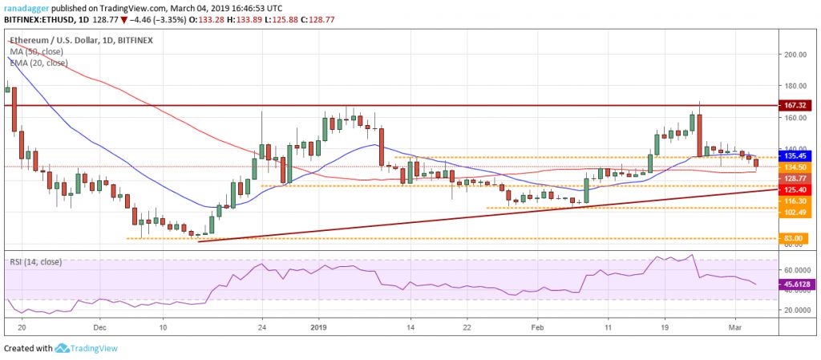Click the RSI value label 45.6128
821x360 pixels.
point(799,284)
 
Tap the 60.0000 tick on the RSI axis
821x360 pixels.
point(799,270)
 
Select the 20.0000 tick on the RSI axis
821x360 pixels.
point(799,309)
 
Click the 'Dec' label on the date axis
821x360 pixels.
point(99,328)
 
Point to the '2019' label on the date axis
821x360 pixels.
point(319,328)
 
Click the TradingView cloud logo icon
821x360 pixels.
point(62,348)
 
